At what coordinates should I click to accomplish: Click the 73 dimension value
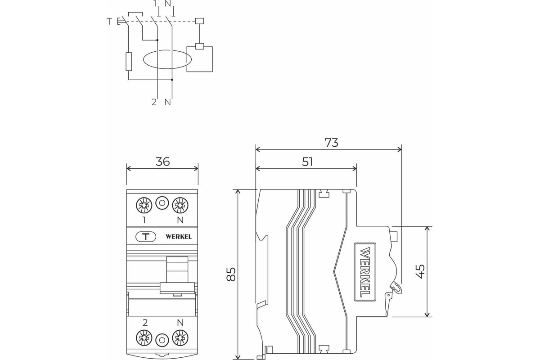(x=331, y=143)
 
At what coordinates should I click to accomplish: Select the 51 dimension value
(x=307, y=162)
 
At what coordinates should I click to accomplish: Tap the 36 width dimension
(x=162, y=162)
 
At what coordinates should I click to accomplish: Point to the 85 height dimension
(x=231, y=274)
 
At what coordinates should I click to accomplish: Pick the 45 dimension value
(x=420, y=271)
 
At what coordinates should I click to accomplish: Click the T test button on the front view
(x=146, y=237)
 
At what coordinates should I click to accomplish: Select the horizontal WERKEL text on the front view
(x=179, y=237)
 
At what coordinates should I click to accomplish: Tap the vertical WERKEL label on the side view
(x=365, y=271)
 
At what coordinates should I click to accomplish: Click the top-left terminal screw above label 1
(x=144, y=205)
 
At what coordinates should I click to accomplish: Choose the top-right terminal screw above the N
(x=180, y=205)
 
